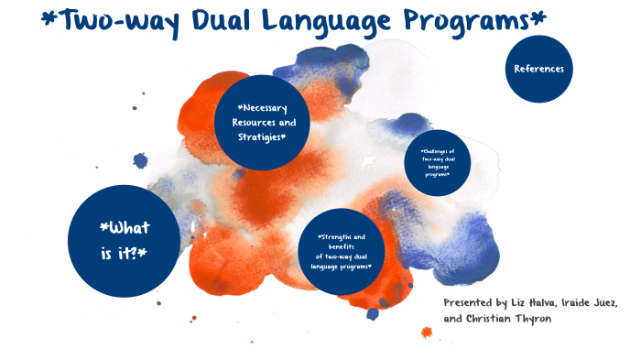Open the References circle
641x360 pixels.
pyautogui.click(x=538, y=69)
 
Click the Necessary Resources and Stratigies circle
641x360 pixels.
pyautogui.click(x=259, y=122)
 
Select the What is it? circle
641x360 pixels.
pyautogui.click(x=125, y=241)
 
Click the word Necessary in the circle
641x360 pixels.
pyautogui.click(x=262, y=108)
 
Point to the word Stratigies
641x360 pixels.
pyautogui.click(x=259, y=136)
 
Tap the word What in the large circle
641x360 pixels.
pyautogui.click(x=126, y=227)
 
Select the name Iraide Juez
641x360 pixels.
pyautogui.click(x=587, y=303)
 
